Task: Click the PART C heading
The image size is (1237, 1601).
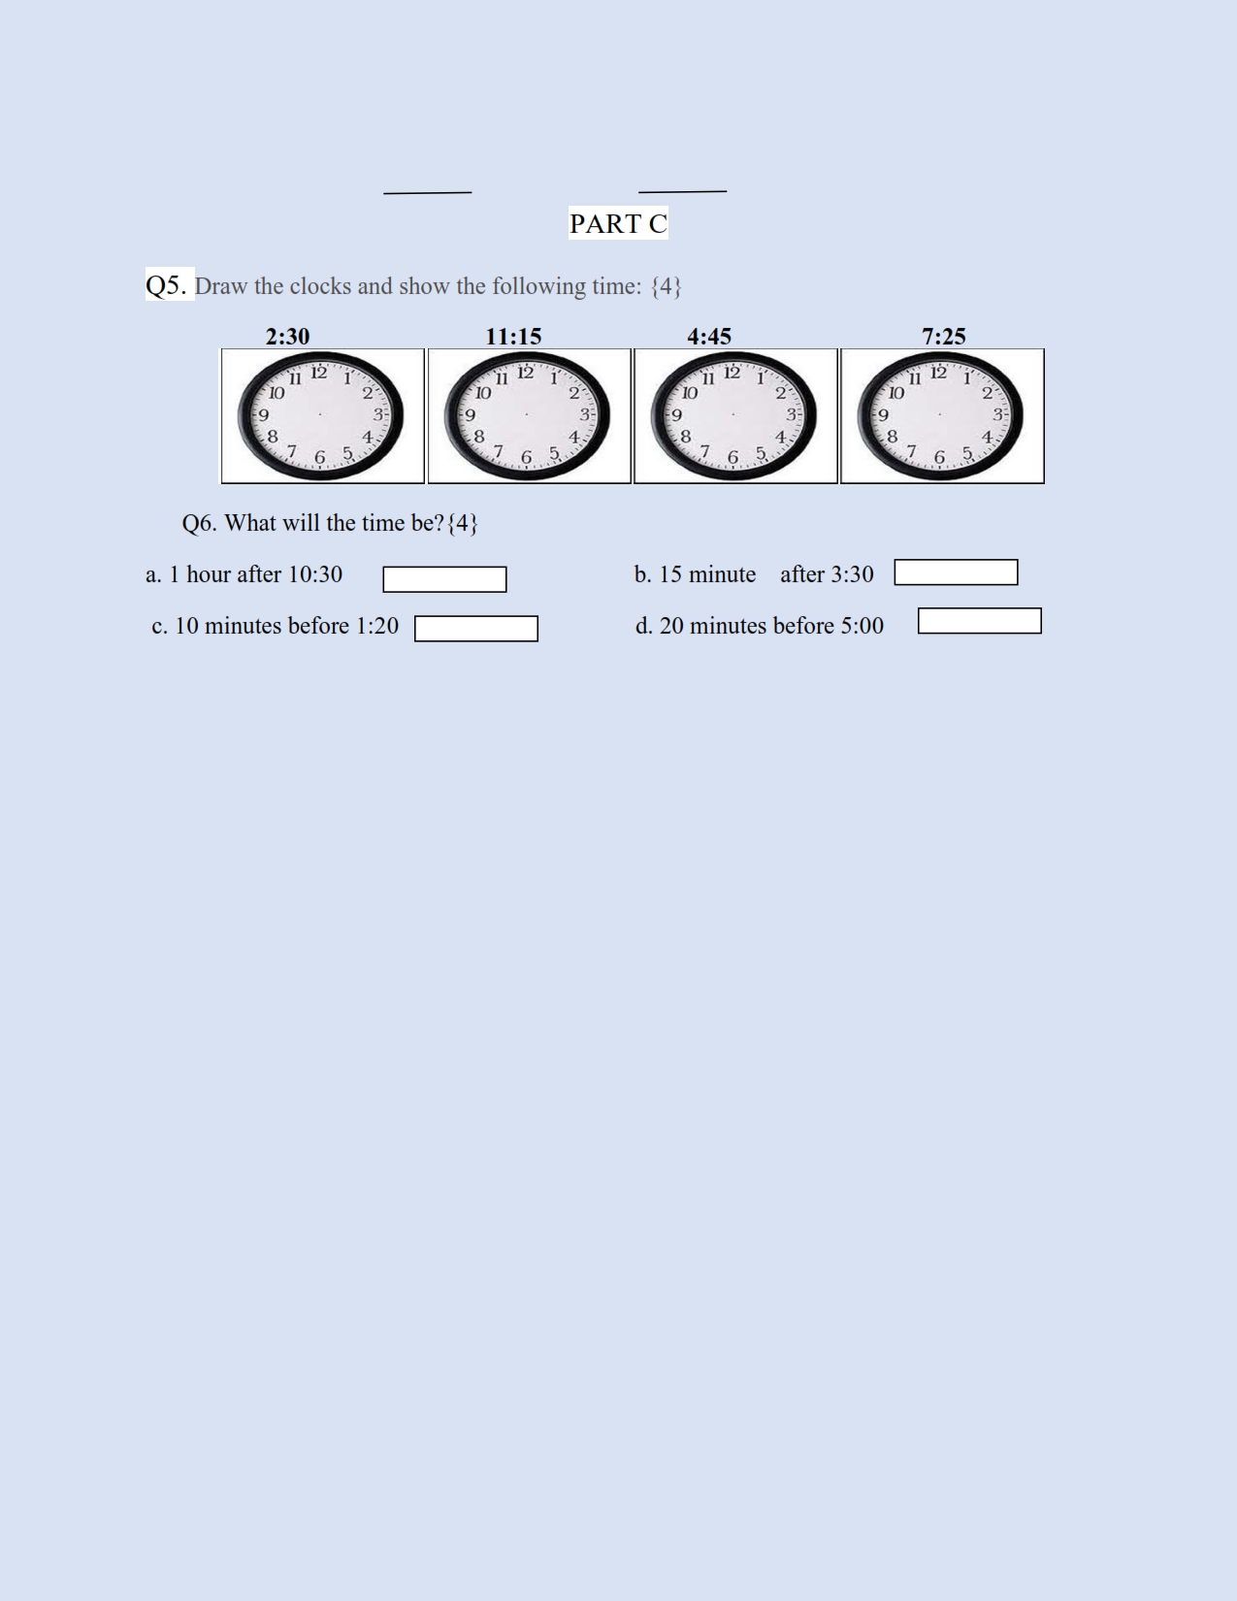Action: tap(618, 224)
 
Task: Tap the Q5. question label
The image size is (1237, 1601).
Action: tap(167, 285)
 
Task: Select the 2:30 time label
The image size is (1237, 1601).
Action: tap(287, 337)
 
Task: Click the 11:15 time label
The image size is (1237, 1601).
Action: tap(513, 337)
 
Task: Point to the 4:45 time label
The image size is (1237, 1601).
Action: tap(709, 337)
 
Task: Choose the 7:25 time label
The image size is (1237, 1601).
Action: tap(944, 337)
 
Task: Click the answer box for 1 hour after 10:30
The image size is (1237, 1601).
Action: tap(444, 579)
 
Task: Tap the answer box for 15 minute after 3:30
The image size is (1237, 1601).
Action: tap(956, 572)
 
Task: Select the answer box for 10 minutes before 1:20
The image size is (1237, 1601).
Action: tap(476, 629)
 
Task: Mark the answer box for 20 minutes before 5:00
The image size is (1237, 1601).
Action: tap(979, 621)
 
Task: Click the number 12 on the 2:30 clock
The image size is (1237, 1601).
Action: tap(318, 373)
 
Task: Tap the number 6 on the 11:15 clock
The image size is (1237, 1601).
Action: tap(526, 458)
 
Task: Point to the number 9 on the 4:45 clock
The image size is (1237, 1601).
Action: tap(675, 414)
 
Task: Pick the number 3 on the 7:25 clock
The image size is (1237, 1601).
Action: tap(997, 414)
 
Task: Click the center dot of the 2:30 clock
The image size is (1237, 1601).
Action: tap(320, 414)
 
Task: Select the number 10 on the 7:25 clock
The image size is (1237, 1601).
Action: tap(895, 393)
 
